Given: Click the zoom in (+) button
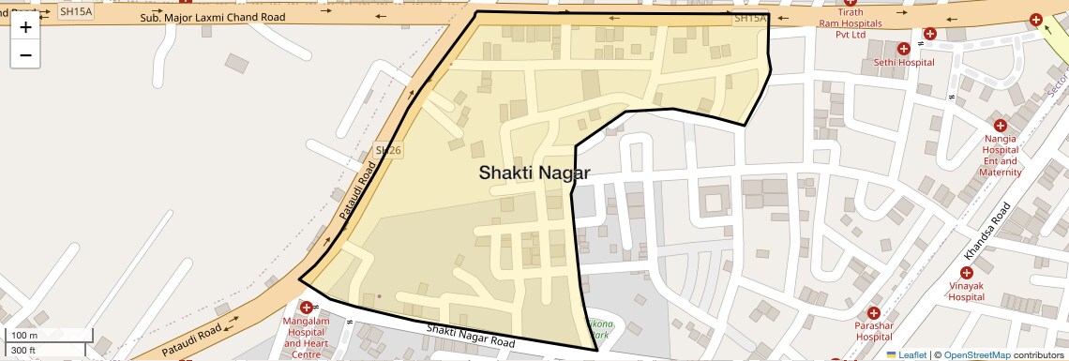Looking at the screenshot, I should point(25,27).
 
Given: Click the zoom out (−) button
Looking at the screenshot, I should point(25,55).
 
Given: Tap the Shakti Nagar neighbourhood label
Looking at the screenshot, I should point(534,173).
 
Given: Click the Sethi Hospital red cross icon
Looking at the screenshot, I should point(904,49).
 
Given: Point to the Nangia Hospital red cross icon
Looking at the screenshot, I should point(1000,126).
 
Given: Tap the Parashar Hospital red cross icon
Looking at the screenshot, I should point(873,313).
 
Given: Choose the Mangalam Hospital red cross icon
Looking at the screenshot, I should point(307,308).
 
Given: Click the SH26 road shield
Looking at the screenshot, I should point(388,150).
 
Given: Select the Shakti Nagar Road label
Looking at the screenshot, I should point(471,336).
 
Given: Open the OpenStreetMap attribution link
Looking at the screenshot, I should point(977,354).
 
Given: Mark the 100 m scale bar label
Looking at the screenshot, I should point(24,336).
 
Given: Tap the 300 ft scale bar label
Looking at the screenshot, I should point(23,351).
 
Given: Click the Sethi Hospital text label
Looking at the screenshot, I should point(903,63).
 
